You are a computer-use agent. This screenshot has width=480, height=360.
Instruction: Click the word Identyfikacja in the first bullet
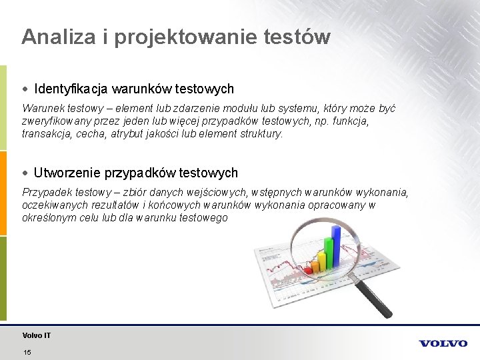(71, 89)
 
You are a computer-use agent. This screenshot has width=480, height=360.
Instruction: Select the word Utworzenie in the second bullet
(67, 173)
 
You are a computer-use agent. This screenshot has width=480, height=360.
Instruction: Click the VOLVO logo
(443, 343)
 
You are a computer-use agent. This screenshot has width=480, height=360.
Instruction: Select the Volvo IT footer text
(36, 335)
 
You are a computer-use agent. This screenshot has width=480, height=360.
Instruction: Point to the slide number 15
(27, 352)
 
